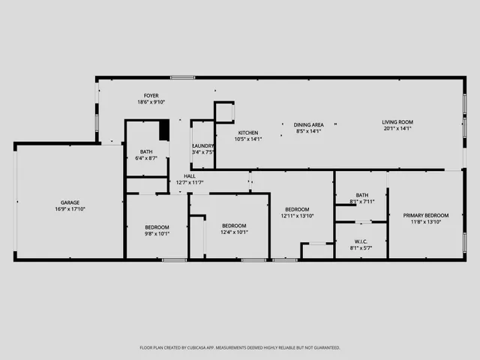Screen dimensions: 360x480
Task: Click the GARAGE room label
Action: click(x=70, y=202)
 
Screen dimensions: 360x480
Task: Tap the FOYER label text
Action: click(x=151, y=96)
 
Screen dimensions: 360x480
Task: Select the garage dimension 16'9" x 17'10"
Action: click(x=70, y=209)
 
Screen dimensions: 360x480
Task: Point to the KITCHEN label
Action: click(x=248, y=133)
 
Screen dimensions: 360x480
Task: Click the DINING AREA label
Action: click(x=307, y=124)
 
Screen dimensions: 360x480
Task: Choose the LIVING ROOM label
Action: click(x=397, y=122)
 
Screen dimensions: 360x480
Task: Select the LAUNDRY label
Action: click(x=203, y=145)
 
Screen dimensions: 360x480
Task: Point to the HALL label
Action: click(x=190, y=176)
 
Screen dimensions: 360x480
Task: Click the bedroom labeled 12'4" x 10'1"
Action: click(x=234, y=226)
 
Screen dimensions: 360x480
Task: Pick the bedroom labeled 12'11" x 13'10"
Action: click(x=295, y=210)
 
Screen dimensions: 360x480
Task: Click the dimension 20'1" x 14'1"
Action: click(x=397, y=129)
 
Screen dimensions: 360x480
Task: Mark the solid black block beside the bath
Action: click(x=165, y=130)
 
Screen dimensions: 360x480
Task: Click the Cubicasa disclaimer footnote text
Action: click(x=240, y=347)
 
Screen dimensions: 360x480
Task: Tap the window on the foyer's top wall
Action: click(x=182, y=77)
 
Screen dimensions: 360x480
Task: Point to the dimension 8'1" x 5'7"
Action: click(x=361, y=247)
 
